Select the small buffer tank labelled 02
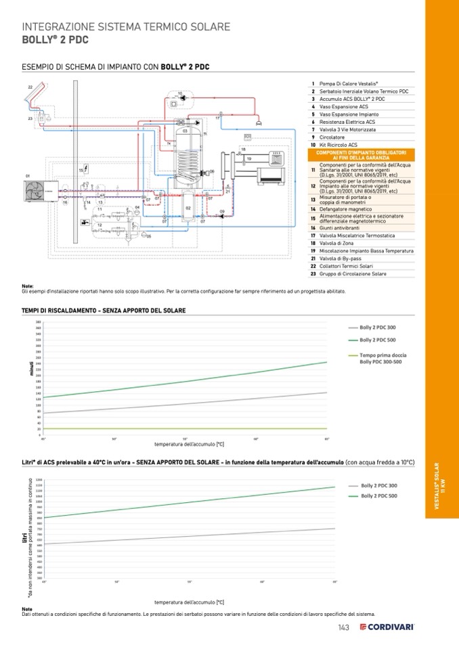tap(188, 207)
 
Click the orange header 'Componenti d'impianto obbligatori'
tap(362, 155)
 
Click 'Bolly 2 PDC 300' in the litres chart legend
tap(378, 486)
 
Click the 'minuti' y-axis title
tap(31, 370)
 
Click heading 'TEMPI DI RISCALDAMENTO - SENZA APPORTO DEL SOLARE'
tap(104, 310)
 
